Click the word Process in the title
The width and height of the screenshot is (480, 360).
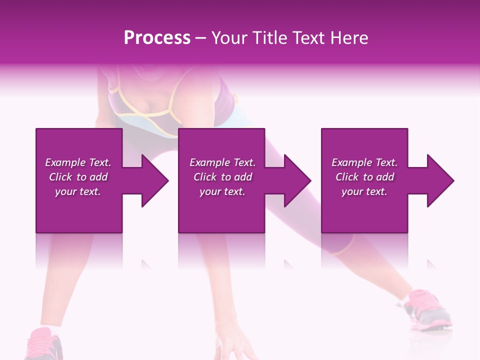(x=157, y=38)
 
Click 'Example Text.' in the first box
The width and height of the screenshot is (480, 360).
(x=78, y=162)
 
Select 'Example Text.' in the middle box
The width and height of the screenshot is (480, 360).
(x=222, y=162)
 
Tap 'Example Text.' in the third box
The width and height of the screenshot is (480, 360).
(x=364, y=162)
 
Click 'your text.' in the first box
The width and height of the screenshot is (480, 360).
(x=78, y=191)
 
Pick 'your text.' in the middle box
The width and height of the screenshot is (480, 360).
(x=222, y=191)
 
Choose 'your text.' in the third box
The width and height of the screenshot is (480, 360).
(x=364, y=191)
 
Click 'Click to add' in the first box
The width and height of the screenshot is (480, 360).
(x=78, y=177)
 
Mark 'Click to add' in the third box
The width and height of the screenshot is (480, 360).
(x=364, y=177)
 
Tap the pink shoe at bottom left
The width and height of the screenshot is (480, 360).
(x=45, y=345)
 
